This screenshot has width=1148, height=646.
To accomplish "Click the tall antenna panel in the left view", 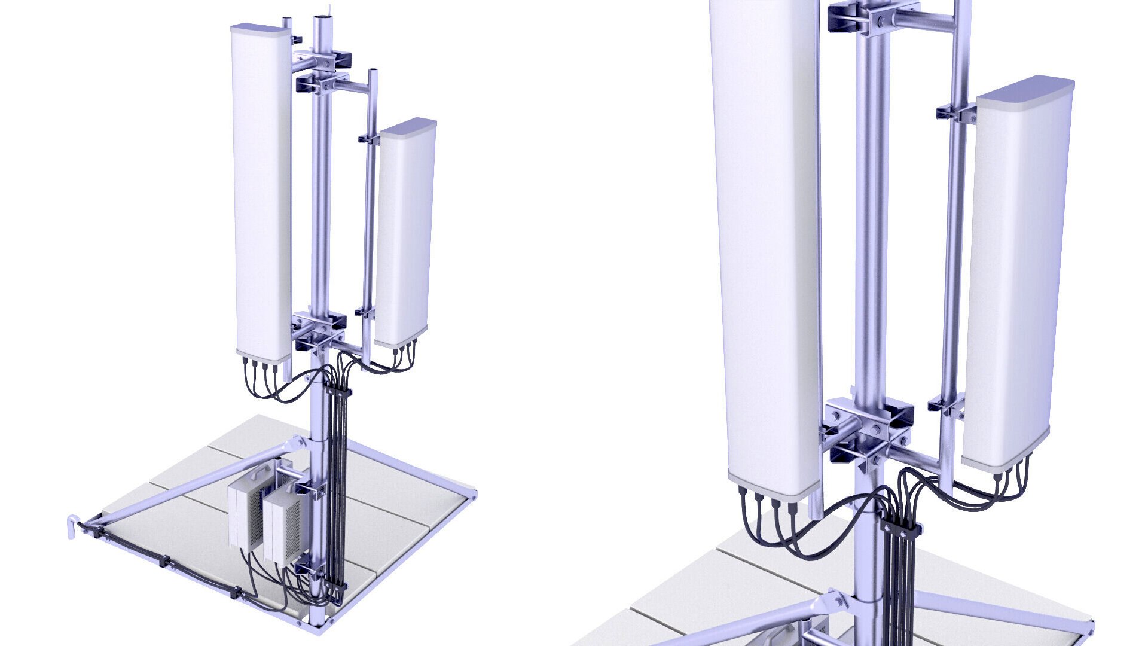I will [261, 191].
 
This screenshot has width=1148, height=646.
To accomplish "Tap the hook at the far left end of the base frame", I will [72, 526].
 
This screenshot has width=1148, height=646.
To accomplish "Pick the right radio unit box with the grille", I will [281, 520].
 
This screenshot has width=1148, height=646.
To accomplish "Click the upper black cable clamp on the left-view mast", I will [338, 392].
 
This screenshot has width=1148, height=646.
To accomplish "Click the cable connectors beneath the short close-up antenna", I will [1010, 473].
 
